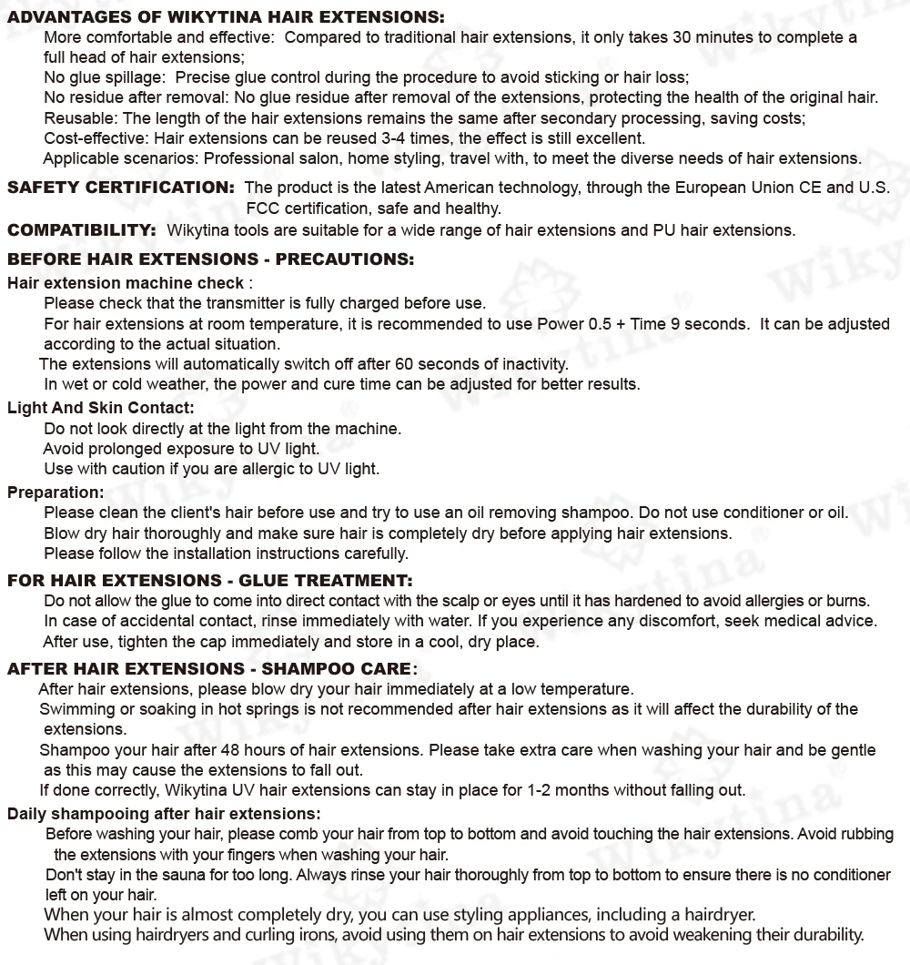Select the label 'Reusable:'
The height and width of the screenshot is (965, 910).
[81, 118]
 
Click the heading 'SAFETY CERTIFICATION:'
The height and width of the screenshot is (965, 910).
[121, 188]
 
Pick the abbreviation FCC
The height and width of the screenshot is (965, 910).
[262, 208]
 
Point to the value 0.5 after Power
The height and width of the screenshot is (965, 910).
[600, 324]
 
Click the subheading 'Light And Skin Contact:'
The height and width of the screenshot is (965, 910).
[100, 408]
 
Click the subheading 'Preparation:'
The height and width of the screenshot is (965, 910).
[56, 493]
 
